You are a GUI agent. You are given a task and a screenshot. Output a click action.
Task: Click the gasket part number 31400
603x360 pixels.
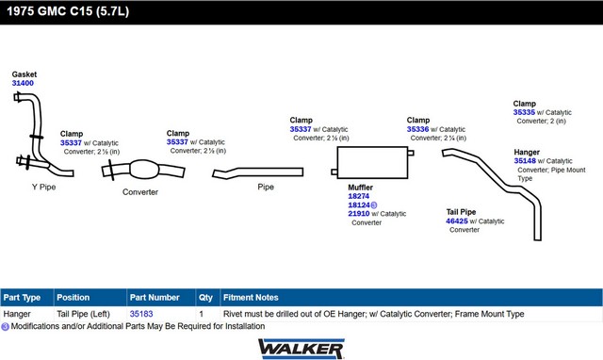tap(23, 83)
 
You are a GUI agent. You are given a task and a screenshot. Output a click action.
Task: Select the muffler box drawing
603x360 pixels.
tap(372, 163)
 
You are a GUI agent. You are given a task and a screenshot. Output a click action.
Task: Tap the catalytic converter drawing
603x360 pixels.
tap(143, 170)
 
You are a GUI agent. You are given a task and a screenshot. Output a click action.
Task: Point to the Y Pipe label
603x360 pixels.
tap(44, 187)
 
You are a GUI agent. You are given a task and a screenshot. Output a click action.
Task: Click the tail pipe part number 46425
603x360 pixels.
tap(457, 221)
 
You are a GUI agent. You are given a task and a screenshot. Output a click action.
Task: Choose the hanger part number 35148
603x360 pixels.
tap(525, 161)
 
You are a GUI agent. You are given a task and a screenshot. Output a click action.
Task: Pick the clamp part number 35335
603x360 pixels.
tap(524, 112)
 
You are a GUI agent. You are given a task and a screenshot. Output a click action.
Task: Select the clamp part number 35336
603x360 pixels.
tap(417, 129)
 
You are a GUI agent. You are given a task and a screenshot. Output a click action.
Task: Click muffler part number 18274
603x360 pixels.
tap(358, 196)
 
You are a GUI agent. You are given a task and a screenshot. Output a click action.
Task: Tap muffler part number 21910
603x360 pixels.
tap(358, 214)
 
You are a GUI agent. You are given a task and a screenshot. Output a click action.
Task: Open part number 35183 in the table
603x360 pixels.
tap(141, 314)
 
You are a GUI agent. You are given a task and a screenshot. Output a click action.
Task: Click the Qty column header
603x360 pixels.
tap(205, 297)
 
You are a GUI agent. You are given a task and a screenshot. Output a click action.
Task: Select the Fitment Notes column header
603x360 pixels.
tap(251, 297)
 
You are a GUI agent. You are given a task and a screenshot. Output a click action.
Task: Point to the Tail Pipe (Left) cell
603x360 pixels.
tap(84, 314)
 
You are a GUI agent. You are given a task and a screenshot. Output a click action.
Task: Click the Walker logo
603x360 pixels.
tap(301, 349)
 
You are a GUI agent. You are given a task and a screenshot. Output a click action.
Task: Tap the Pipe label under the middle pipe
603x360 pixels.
tap(266, 187)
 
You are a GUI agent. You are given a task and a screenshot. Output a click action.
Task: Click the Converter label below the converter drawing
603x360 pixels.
tap(140, 192)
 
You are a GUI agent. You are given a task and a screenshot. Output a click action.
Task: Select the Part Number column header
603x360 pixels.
tap(155, 297)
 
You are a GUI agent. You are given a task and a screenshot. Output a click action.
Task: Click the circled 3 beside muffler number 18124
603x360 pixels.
tap(374, 205)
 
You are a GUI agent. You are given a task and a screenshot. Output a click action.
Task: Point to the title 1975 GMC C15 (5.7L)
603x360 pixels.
tap(68, 11)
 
